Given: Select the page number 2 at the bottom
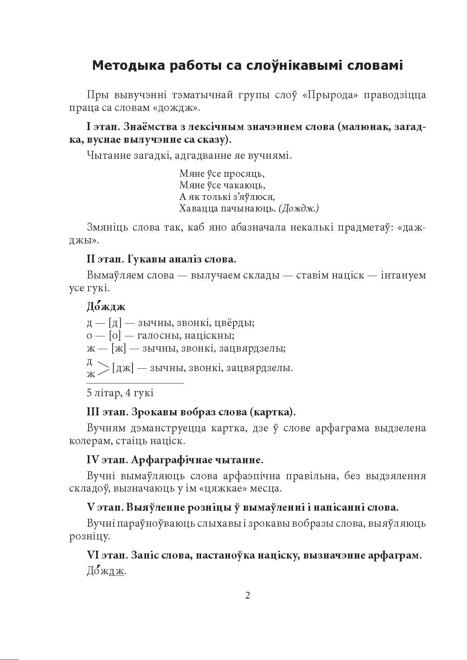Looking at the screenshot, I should tap(247, 596).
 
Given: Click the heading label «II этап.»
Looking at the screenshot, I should tap(105, 259).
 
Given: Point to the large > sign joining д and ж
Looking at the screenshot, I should tap(103, 368).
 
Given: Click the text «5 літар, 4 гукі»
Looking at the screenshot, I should tap(120, 393).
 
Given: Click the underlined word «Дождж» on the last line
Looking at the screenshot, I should tap(106, 571).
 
